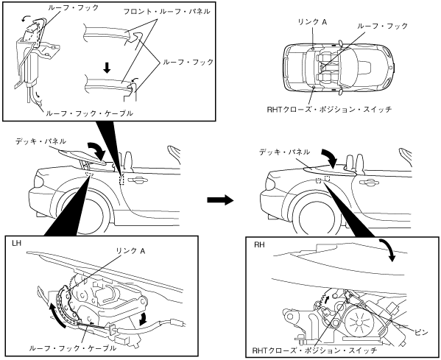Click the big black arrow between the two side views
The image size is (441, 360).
pos(221,200)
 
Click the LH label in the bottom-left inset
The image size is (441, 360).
pos(17,243)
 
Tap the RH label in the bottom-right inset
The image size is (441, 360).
pos(259,244)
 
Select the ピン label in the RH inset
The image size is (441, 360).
pos(421,333)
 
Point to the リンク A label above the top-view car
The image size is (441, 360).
pos(312,22)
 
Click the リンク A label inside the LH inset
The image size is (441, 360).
pos(130,250)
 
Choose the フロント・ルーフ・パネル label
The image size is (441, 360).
pos(167,12)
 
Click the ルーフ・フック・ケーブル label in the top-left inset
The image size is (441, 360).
pos(89,113)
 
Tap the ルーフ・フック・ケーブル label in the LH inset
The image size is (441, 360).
pos(72,348)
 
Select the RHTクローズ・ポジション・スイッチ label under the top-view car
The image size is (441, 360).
pos(329,109)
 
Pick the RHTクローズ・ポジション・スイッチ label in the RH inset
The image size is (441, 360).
pos(314,350)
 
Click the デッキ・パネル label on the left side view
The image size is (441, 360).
pos(40,141)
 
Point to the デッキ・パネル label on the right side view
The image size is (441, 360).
pos(285,152)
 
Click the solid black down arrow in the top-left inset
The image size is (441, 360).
pos(107,68)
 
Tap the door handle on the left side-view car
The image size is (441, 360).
pos(137,180)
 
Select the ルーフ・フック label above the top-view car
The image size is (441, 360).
pos(383,26)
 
